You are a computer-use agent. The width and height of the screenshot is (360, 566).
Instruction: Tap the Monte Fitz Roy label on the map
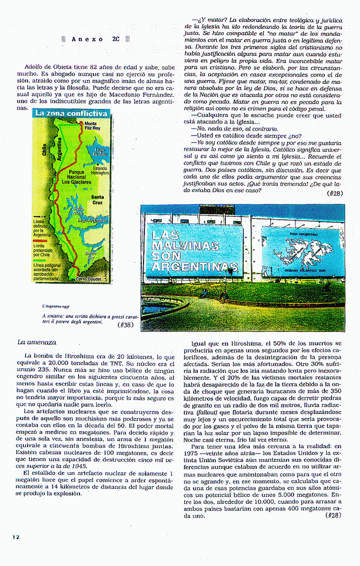pyautogui.click(x=92, y=126)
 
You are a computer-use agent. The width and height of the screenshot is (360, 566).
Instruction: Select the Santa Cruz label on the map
pyautogui.click(x=98, y=200)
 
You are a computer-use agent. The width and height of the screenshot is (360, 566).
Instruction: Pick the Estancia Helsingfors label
pyautogui.click(x=100, y=170)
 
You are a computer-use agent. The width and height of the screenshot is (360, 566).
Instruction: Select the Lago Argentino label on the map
pyautogui.click(x=93, y=220)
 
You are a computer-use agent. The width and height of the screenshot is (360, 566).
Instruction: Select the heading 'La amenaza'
pyautogui.click(x=36, y=342)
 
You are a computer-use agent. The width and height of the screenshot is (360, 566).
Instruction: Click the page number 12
pyautogui.click(x=16, y=537)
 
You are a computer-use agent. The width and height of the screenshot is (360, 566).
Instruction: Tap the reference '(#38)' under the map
pyautogui.click(x=125, y=325)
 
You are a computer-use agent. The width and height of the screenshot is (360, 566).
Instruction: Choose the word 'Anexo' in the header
pyautogui.click(x=87, y=39)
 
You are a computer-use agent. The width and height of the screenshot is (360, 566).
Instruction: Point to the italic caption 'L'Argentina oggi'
pyautogui.click(x=56, y=306)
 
